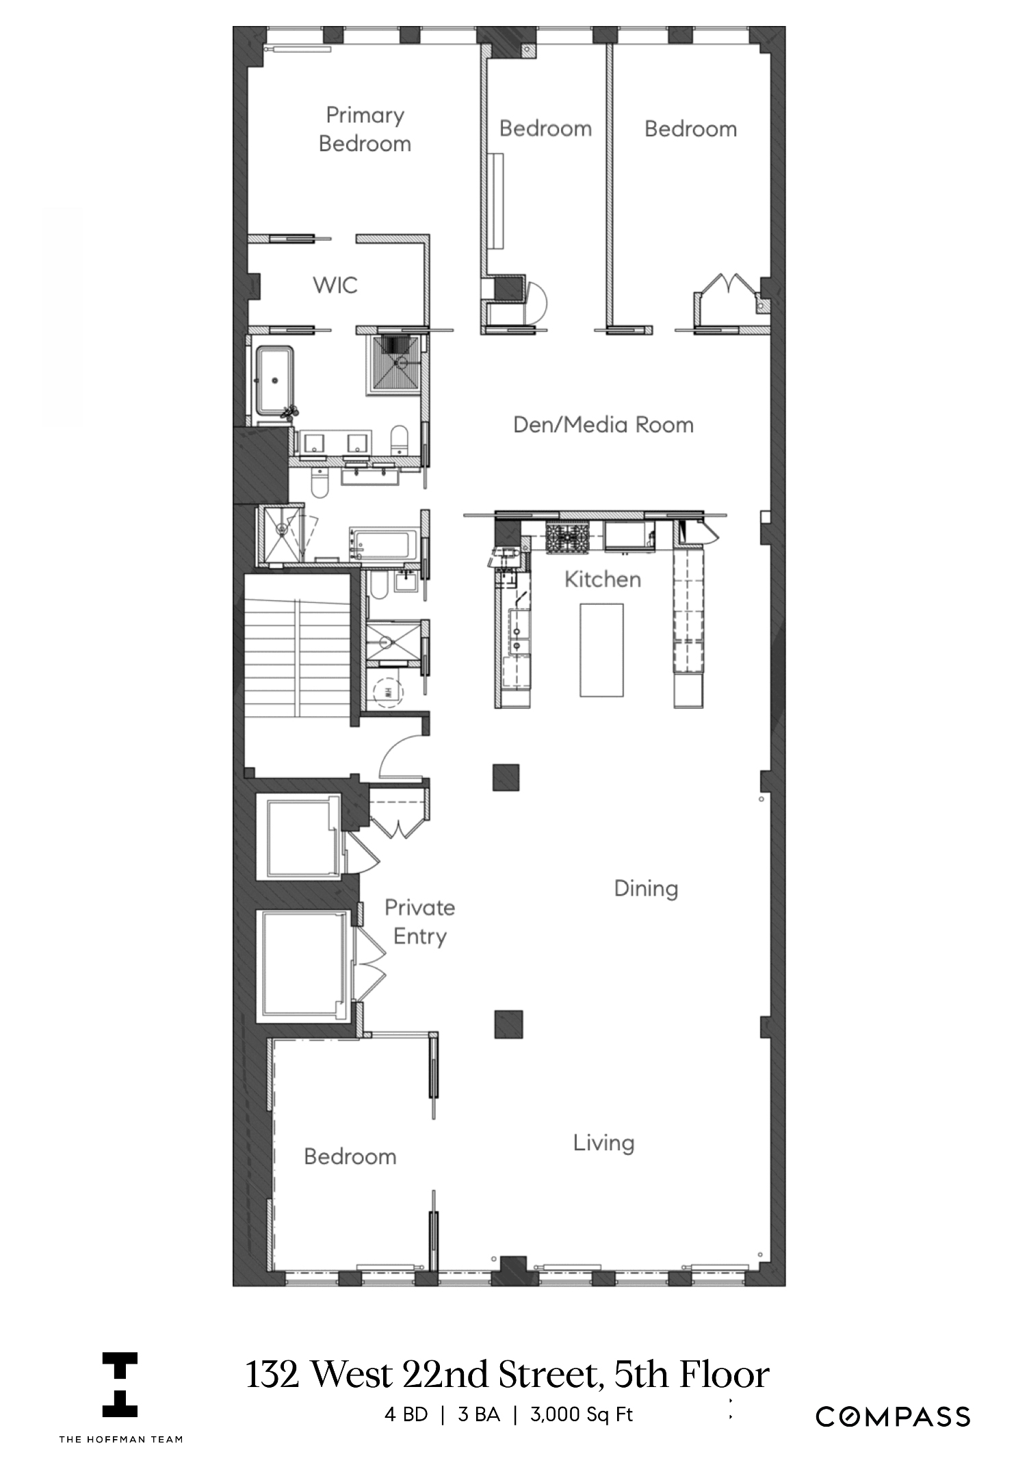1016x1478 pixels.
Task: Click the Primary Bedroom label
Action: point(365,129)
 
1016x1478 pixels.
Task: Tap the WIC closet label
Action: point(335,285)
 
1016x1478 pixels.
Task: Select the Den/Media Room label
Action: point(603,425)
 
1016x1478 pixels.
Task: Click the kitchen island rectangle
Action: point(601,649)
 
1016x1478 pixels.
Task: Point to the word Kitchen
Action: point(602,580)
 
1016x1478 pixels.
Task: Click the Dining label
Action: point(645,889)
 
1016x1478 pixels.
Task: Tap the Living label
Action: point(603,1142)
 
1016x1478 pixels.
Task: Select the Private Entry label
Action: point(419,922)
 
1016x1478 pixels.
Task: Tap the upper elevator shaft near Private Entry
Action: point(298,838)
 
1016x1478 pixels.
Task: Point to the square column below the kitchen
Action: point(506,777)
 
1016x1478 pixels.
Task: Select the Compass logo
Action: point(892,1416)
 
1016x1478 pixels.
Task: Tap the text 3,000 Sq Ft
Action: point(582,1414)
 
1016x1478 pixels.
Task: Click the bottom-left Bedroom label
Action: point(350,1156)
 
